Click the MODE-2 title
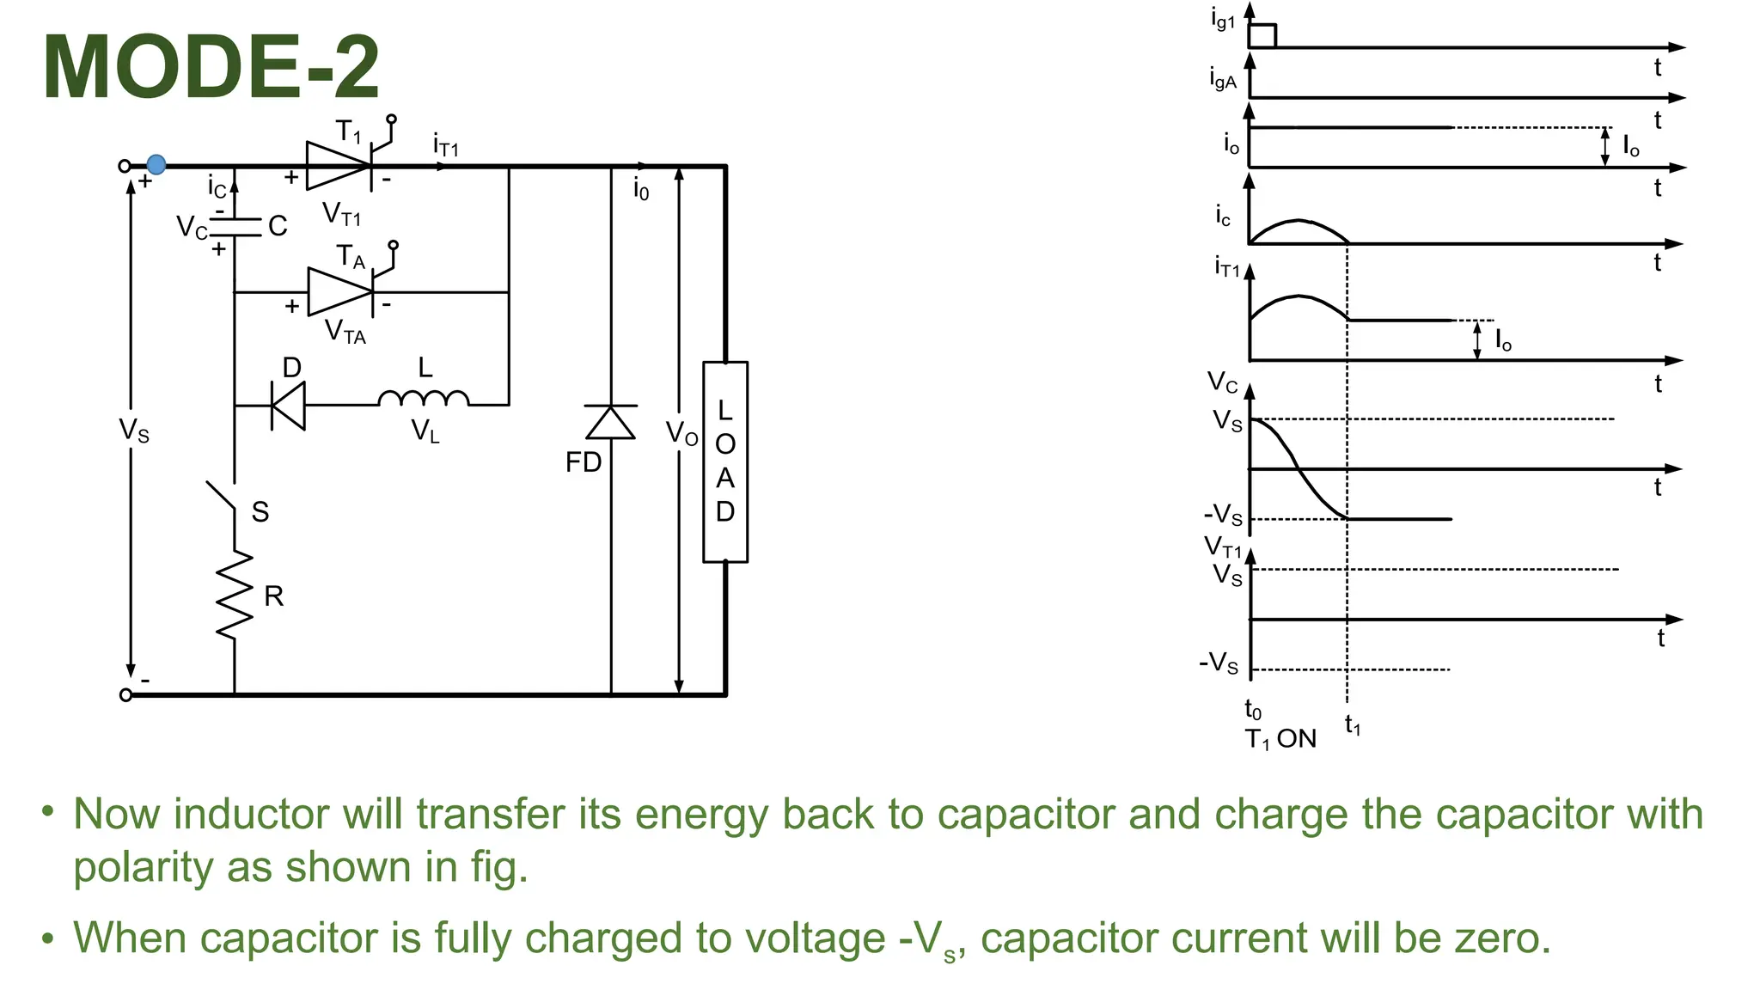(x=211, y=67)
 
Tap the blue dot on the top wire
(x=156, y=164)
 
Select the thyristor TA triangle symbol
(x=340, y=291)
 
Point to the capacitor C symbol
(x=235, y=226)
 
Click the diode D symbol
(x=289, y=405)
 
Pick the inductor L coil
(x=424, y=399)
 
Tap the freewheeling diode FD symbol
(x=611, y=423)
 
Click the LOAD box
(x=725, y=461)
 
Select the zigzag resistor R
(x=235, y=595)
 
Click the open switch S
(x=223, y=497)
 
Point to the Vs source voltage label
(x=134, y=430)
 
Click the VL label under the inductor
(x=425, y=431)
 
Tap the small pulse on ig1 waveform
(x=1262, y=35)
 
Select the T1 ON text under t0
(x=1280, y=738)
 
